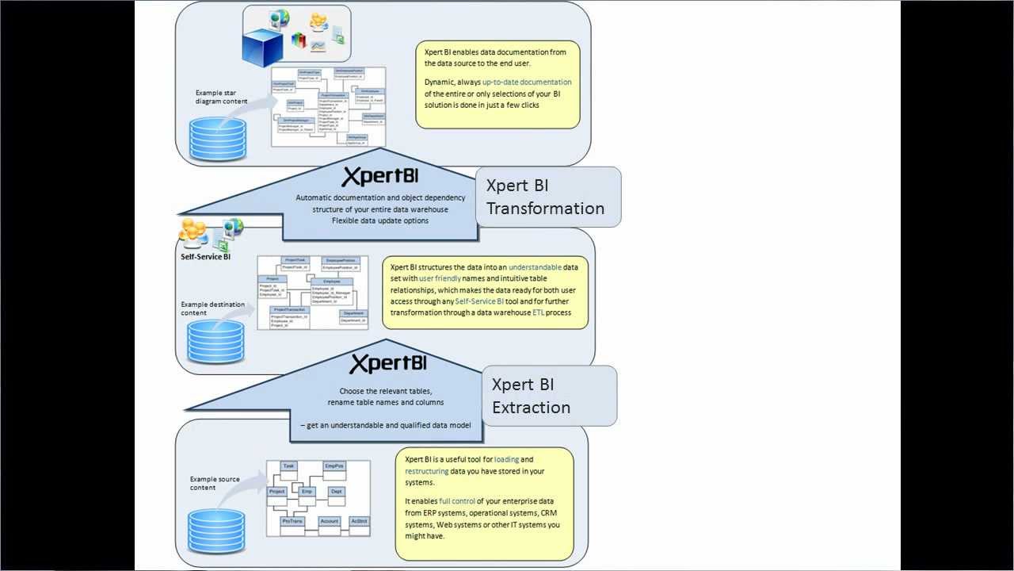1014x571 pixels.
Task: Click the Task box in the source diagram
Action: (x=288, y=466)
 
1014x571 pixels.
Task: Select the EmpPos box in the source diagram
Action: (x=334, y=466)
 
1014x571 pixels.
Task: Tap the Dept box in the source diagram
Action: (x=336, y=492)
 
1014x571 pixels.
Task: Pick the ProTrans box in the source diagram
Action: (x=292, y=522)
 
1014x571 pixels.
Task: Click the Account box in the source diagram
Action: (x=330, y=522)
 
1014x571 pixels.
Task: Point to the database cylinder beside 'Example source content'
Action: (x=211, y=531)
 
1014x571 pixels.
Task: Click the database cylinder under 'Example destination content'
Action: (x=211, y=339)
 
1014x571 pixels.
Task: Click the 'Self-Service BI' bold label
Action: (x=205, y=257)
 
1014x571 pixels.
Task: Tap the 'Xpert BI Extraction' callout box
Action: (x=548, y=396)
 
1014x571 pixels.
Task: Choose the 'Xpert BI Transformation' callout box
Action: (x=547, y=197)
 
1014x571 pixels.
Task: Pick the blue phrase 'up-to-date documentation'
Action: (x=526, y=82)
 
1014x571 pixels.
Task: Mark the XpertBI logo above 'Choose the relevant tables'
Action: (x=388, y=363)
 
